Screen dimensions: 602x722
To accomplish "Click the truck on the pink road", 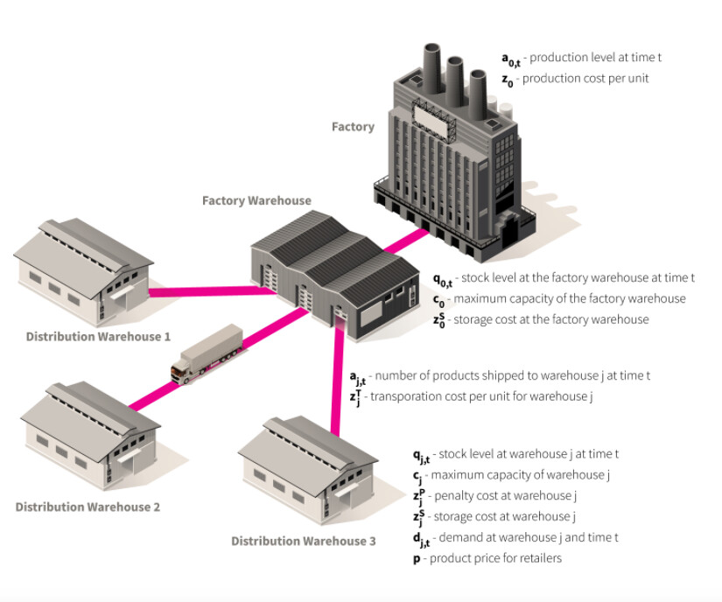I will pyautogui.click(x=207, y=353).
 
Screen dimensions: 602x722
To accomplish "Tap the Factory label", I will pyautogui.click(x=353, y=127).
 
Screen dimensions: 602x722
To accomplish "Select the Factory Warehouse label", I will pyautogui.click(x=256, y=200).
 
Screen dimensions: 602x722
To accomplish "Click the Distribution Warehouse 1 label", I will pyautogui.click(x=98, y=336).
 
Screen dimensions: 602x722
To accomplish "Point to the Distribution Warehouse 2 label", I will pyautogui.click(x=88, y=507).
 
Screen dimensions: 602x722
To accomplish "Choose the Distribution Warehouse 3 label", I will pyautogui.click(x=304, y=541).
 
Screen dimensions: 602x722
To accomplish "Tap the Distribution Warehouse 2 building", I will pyautogui.click(x=89, y=434).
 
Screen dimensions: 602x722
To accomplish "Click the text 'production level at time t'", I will pyautogui.click(x=595, y=58).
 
